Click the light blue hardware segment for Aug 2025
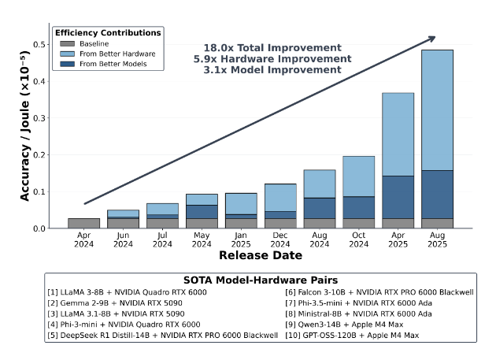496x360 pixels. [437, 110]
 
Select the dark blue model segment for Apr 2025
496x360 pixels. [398, 197]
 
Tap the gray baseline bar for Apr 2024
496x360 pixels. [83, 223]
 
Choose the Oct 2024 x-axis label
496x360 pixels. [358, 239]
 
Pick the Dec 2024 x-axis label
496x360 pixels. [279, 239]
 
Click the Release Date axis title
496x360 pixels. [260, 255]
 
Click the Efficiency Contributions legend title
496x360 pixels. [108, 32]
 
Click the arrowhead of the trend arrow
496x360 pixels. [432, 37]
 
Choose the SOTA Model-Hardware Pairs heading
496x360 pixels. [260, 281]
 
